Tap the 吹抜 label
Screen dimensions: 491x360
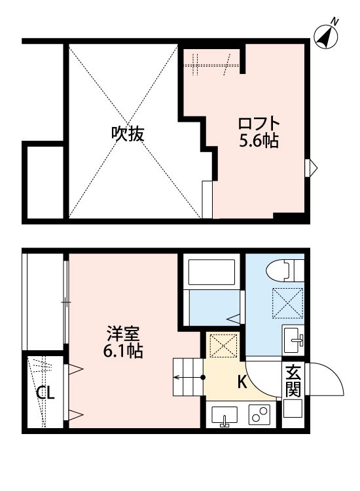127,134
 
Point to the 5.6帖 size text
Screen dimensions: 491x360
259,141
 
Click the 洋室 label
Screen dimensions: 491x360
123,333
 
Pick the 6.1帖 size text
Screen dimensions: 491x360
123,351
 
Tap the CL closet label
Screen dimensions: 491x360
45,393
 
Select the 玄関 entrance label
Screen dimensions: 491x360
293,381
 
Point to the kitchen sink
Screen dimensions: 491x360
225,416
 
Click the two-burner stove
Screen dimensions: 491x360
261,415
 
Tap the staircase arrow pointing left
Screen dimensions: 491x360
187,377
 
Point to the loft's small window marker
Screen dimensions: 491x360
312,167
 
